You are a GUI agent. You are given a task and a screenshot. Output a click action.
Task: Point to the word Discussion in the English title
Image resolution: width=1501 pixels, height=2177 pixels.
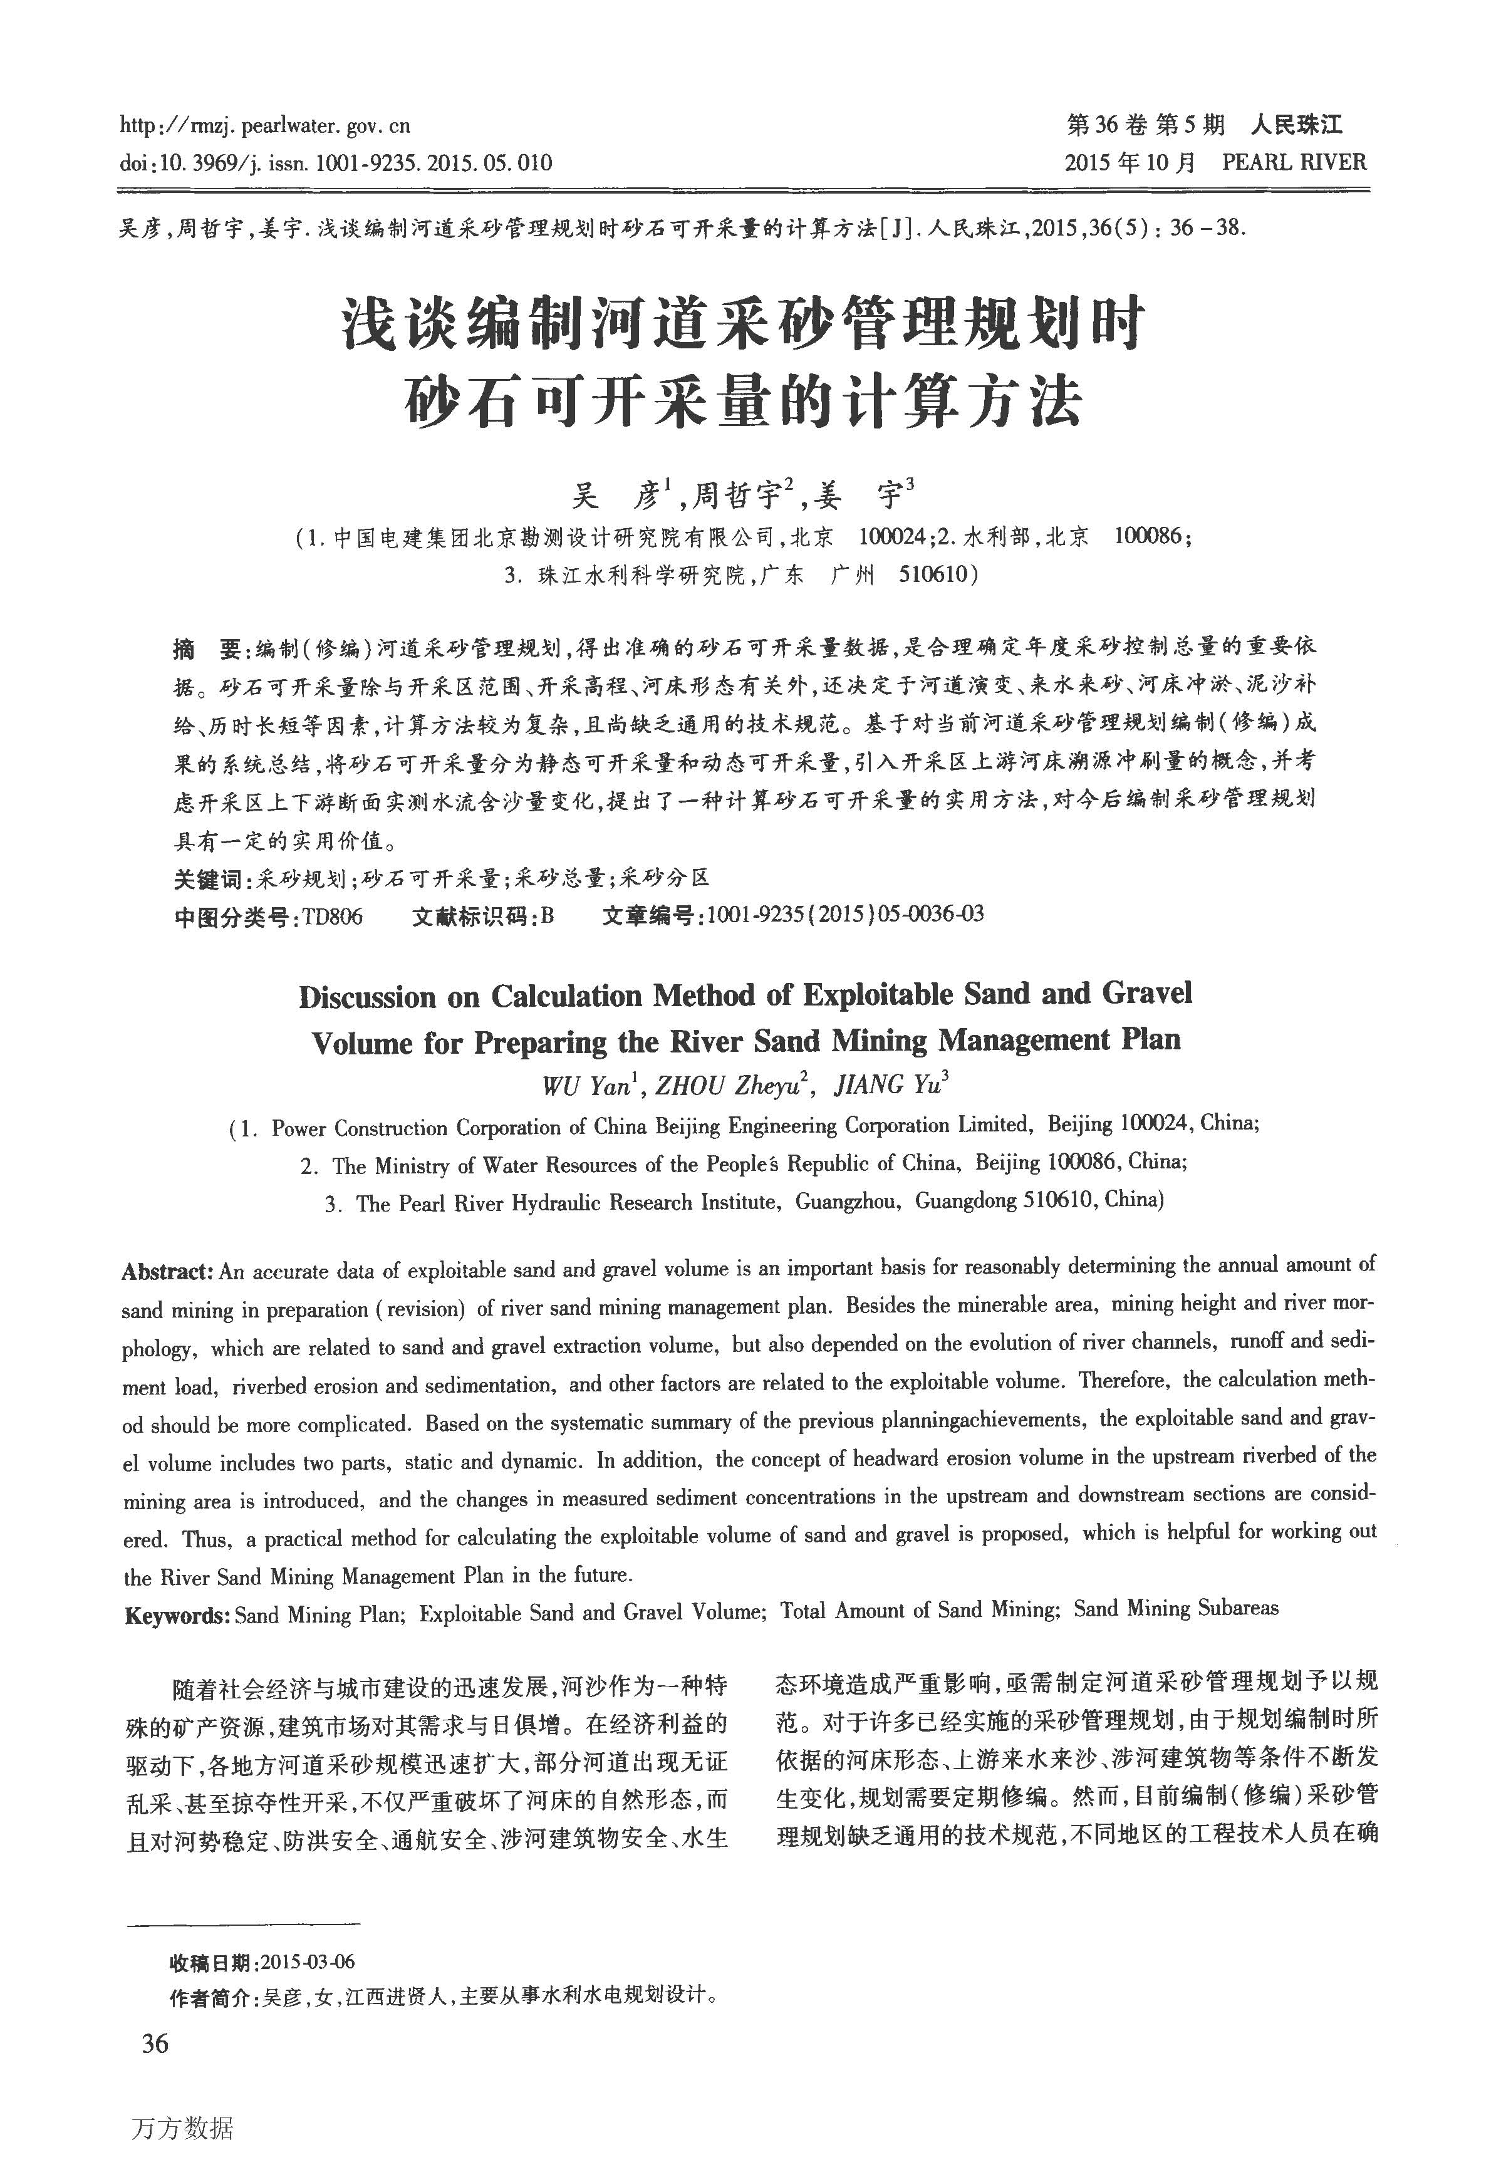[x=366, y=997]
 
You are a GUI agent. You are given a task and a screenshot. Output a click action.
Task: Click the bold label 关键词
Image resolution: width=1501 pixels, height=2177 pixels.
[x=208, y=878]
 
